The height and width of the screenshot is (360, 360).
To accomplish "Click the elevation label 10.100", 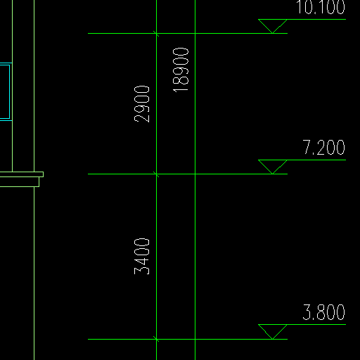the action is (321, 7).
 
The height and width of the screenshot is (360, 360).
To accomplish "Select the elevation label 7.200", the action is (324, 147).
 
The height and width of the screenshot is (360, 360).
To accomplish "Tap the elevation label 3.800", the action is (324, 312).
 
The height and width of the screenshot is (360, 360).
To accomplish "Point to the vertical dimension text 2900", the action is (142, 104).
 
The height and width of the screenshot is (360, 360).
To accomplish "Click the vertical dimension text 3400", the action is (142, 257).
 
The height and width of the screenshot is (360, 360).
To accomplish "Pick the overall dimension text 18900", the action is (181, 70).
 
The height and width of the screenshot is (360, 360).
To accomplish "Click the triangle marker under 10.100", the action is (273, 26).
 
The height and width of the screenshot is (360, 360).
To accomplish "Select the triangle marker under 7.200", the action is (273, 167).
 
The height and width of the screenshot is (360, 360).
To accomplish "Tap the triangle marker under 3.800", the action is (273, 332).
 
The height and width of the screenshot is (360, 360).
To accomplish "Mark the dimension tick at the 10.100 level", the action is (156, 34).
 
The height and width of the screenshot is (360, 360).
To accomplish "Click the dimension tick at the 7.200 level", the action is (156, 174).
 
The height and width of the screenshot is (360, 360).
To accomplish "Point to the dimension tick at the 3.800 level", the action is (156, 339).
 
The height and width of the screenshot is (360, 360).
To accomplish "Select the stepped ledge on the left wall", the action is (22, 179).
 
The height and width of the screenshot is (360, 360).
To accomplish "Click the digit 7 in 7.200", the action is (307, 147).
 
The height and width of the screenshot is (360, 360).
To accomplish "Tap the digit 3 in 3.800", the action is (307, 312).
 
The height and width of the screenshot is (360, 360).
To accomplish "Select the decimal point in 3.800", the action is (314, 319).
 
